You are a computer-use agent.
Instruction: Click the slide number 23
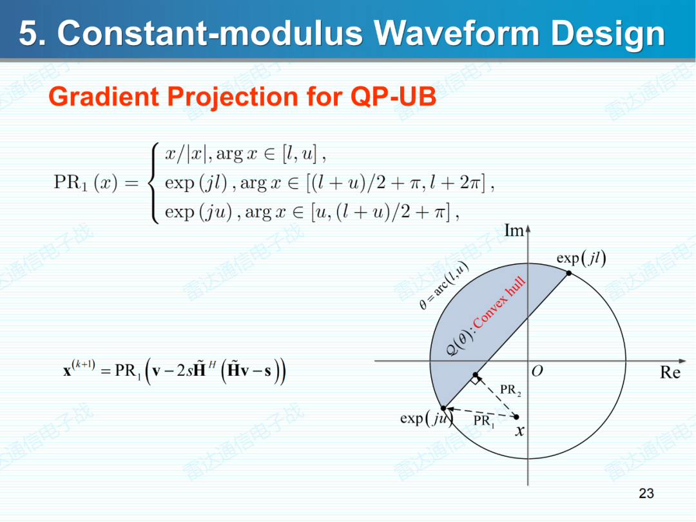coord(646,493)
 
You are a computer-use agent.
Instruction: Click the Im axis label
coord(514,231)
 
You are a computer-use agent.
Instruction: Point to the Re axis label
coord(670,373)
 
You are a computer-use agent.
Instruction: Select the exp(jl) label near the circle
coord(581,258)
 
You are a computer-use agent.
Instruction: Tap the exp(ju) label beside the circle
coord(425,418)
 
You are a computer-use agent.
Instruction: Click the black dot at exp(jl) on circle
coord(569,273)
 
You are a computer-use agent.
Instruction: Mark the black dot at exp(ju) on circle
coord(443,408)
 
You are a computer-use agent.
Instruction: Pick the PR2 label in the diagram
coord(510,390)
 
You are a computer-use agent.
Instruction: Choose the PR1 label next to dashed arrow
coord(483,421)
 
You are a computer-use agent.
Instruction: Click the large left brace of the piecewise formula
coord(153,183)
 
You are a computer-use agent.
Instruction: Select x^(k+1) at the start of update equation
coord(79,370)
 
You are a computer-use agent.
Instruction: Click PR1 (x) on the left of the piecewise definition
coord(86,183)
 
